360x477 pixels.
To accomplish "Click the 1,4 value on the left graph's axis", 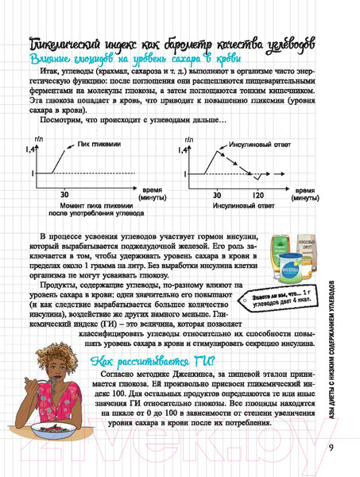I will coord(31,150).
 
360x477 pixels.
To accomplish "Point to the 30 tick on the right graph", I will coord(216,194).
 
